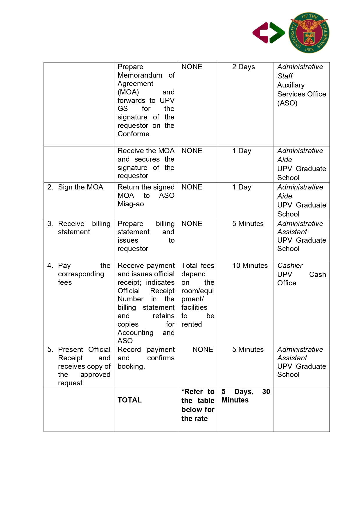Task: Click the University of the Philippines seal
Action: [309, 33]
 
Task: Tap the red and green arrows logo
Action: [269, 33]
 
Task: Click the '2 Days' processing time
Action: [243, 67]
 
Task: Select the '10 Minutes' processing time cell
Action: [250, 266]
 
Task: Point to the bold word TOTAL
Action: [129, 400]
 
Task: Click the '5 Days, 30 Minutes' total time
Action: [246, 396]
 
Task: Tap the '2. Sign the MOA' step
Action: [75, 187]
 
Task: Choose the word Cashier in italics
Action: [290, 266]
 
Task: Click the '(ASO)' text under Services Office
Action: [287, 103]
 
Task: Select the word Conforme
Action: [133, 134]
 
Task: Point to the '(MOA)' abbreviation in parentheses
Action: [128, 92]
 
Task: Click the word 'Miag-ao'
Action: [131, 204]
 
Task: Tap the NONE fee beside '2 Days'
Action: [192, 67]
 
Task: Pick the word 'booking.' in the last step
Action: [131, 366]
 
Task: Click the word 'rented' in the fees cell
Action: [191, 324]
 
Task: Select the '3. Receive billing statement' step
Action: [79, 228]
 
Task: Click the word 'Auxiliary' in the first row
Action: [291, 85]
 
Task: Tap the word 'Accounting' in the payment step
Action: [135, 333]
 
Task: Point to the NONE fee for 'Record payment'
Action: [203, 350]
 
